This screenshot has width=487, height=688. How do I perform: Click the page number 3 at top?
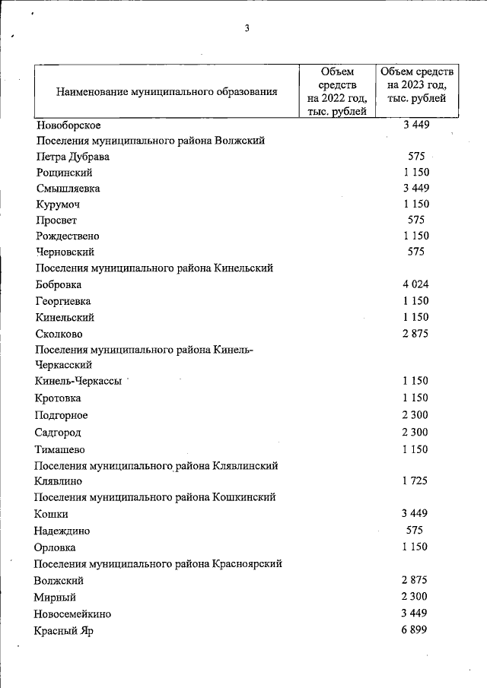[247, 30]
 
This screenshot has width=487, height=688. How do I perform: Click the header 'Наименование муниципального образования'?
[166, 92]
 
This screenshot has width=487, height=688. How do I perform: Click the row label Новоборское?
[68, 125]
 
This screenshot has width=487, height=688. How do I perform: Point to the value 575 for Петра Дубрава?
[416, 156]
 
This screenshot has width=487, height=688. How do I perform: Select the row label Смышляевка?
[68, 188]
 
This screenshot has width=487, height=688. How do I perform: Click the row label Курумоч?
[57, 204]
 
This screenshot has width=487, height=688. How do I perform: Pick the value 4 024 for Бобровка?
[415, 284]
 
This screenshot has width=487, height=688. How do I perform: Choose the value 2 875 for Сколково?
[415, 332]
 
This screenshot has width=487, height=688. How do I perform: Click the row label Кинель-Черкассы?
[78, 382]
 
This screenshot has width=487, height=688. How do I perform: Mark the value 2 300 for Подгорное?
[415, 415]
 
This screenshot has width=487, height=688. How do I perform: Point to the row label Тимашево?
[60, 449]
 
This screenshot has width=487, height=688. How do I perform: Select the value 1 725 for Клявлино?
[415, 481]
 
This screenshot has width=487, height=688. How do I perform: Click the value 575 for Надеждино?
[415, 531]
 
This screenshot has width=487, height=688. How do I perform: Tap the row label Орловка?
[56, 547]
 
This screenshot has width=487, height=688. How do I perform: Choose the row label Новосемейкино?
[72, 613]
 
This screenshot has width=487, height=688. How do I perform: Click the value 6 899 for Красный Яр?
[415, 630]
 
